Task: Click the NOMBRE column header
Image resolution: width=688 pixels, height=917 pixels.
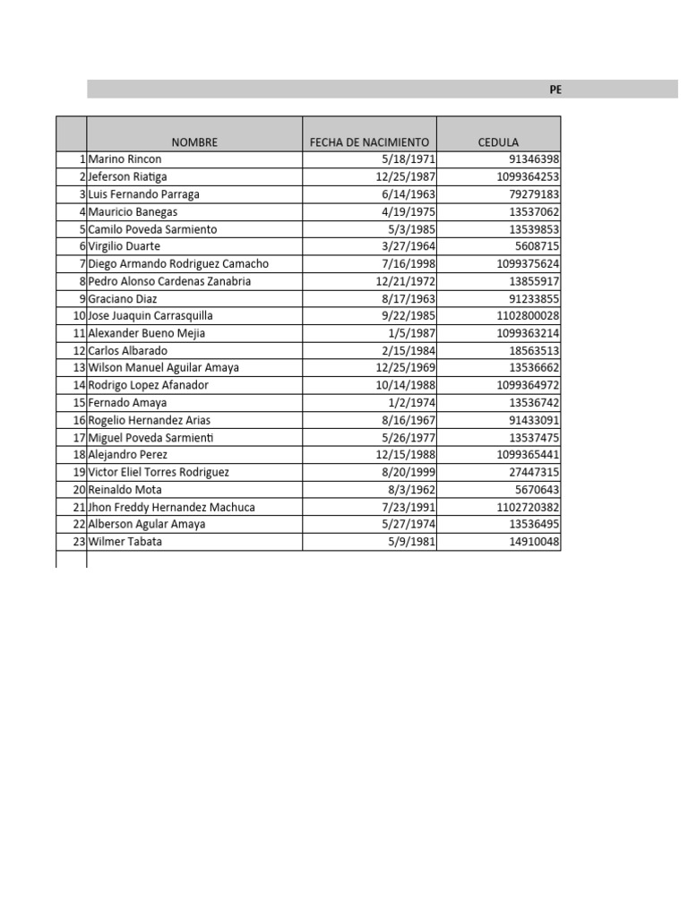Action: [194, 142]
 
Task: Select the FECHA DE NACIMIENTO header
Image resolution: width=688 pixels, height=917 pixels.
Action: [369, 142]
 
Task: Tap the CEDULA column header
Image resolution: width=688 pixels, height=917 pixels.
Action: [498, 142]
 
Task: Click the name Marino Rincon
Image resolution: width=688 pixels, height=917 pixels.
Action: [125, 159]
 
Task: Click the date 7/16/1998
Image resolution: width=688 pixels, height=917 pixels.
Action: [408, 264]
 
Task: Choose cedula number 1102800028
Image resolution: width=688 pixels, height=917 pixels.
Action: [527, 316]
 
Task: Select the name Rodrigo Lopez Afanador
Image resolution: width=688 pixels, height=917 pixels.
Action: [148, 385]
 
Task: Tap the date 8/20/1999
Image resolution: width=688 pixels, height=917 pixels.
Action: [408, 472]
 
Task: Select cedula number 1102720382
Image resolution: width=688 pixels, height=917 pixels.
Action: [527, 507]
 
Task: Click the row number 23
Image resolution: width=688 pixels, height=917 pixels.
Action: [78, 542]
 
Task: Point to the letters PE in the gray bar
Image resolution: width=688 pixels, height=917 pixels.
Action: [555, 90]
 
